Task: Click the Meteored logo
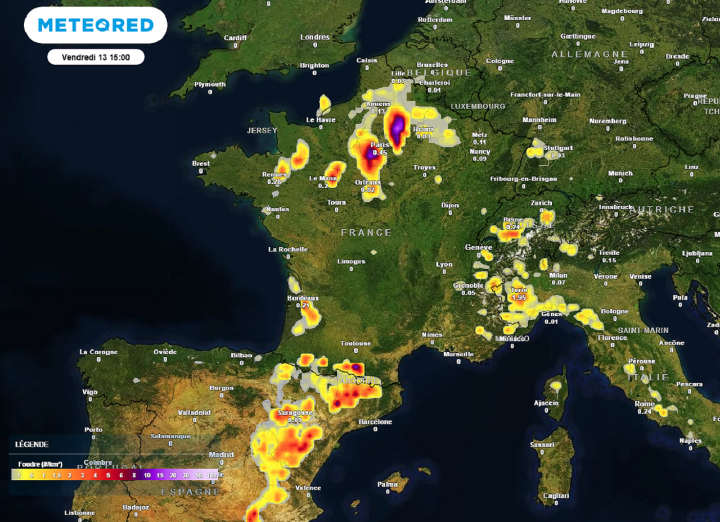[96, 25]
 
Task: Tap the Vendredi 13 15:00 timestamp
[96, 57]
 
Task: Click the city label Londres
[315, 37]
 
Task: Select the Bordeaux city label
[303, 298]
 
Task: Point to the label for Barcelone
[375, 421]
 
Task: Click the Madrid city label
[221, 455]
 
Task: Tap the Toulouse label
[355, 343]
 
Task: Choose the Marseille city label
[458, 355]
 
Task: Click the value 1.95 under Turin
[519, 297]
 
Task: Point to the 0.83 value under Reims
[424, 137]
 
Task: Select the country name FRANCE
[366, 232]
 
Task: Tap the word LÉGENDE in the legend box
[31, 444]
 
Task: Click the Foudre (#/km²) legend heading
[40, 464]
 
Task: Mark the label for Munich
[620, 173]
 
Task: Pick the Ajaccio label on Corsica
[546, 403]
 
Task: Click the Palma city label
[388, 484]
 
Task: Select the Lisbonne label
[79, 512]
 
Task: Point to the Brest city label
[201, 164]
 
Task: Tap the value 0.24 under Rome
[645, 411]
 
